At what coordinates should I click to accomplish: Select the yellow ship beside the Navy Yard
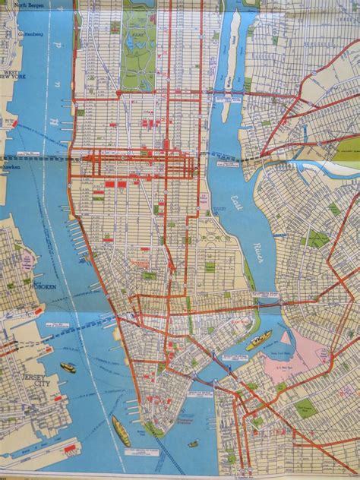259,340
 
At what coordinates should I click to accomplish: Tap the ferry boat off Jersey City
68,368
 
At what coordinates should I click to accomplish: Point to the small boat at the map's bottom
194,444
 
